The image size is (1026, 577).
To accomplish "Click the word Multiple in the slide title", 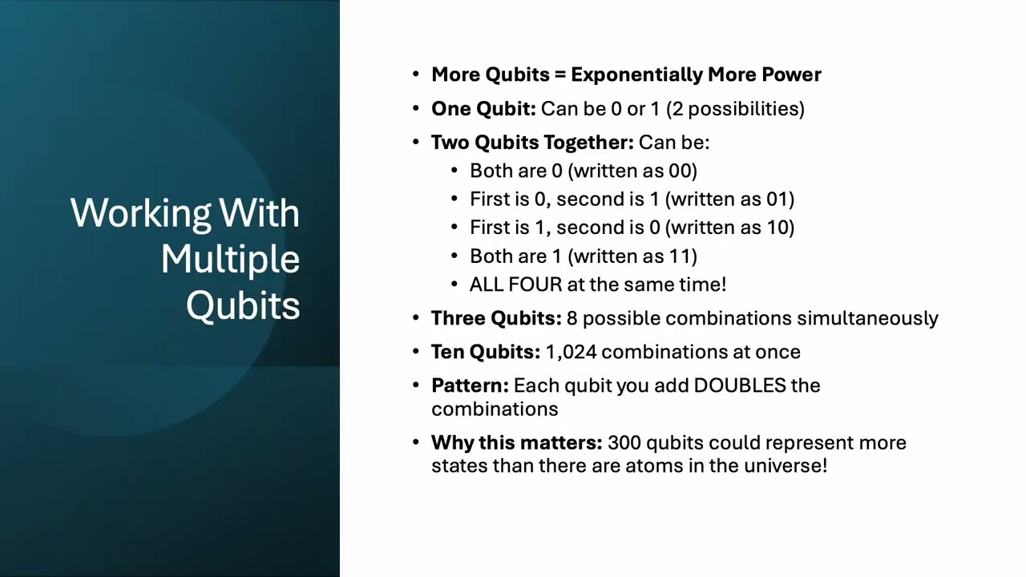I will (230, 260).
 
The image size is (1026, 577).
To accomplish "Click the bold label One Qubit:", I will (483, 109).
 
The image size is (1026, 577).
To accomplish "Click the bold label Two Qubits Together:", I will (532, 143).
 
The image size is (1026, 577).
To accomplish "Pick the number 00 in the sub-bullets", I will (681, 171).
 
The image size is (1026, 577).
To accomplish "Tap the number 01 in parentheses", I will (778, 199).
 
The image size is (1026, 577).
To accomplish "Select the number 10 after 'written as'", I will (778, 228).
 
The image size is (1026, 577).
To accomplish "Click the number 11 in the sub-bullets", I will (681, 256).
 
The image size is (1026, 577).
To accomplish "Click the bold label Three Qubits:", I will (496, 318).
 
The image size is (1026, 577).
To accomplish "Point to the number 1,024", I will (571, 352).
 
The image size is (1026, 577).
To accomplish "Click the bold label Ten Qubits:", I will (486, 352).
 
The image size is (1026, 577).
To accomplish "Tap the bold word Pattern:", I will (470, 385).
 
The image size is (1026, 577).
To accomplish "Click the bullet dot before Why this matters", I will (416, 443).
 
